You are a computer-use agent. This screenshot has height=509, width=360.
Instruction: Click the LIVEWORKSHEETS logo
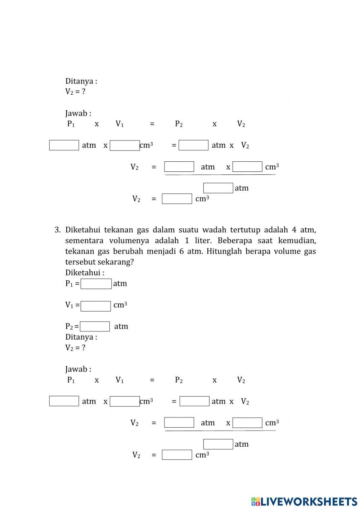coord(304,501)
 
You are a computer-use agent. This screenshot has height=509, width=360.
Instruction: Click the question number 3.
coord(57,230)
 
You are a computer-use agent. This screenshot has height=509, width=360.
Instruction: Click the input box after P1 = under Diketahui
coord(96,284)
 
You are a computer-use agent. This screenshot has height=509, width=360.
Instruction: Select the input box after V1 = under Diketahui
coord(96,306)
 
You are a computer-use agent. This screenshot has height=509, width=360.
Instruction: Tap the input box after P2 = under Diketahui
coord(95,326)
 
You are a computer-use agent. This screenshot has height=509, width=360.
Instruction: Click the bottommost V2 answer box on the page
coord(177,455)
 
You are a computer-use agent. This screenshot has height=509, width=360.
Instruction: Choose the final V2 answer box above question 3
coord(177,199)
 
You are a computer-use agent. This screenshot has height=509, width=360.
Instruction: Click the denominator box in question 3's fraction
coord(218,444)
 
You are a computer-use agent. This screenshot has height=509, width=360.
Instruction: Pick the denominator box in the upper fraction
coord(218,188)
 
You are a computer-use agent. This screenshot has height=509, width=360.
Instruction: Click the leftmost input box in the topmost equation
coord(64,145)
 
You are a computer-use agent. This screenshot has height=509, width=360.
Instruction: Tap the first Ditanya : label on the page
coord(81,81)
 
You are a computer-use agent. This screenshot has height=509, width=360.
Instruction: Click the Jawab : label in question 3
coord(78,369)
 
